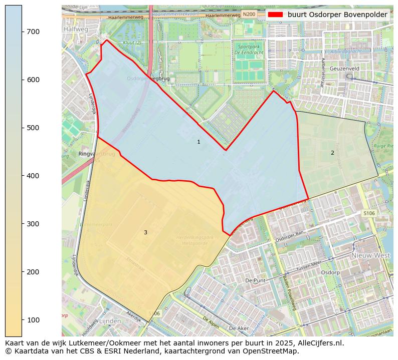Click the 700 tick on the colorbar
point(23,32)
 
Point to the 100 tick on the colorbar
point(23,320)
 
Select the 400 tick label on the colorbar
point(33,176)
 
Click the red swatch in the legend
point(276,15)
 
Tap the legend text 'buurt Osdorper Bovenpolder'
point(337,15)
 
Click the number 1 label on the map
point(198,142)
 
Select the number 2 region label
point(332,153)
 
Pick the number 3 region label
point(145,232)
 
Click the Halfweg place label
point(75,30)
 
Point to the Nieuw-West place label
point(370,255)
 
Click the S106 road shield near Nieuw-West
point(369,213)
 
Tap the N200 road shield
point(249,14)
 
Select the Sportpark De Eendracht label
point(249,50)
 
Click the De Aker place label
point(239,328)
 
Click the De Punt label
point(255,280)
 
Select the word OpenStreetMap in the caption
point(273,351)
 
